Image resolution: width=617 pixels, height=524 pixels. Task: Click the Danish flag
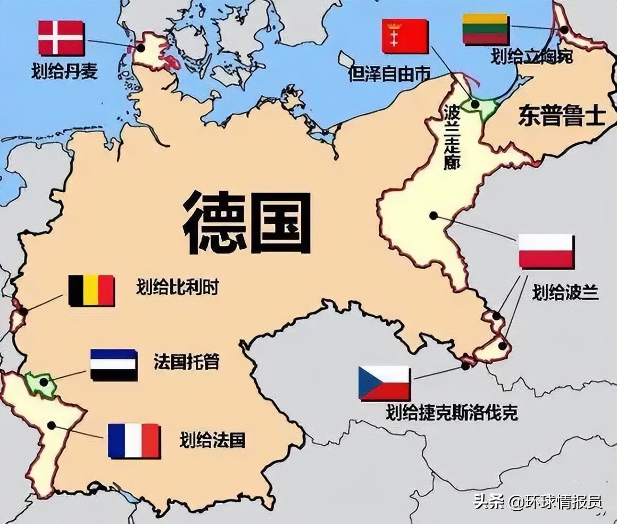pos(61,37)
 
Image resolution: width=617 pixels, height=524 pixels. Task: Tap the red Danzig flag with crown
pos(405,36)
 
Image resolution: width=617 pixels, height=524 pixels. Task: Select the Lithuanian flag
pos(485,29)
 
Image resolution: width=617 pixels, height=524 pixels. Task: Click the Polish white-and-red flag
pos(546,251)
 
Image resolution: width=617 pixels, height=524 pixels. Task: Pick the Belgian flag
pos(91,290)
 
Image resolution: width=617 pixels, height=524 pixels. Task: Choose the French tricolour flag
pos(134,441)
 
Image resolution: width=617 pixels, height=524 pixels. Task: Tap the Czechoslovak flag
pos(384,383)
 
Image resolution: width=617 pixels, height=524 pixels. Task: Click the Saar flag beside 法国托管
pos(114,365)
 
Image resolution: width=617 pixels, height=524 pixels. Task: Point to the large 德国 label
pos(247,223)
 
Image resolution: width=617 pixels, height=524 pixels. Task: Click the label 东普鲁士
pos(562,117)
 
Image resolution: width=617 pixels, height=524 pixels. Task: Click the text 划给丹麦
pos(64,71)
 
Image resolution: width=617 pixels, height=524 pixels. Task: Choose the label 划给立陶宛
pos(532,56)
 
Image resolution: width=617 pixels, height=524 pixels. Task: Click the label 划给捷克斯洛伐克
pos(452,413)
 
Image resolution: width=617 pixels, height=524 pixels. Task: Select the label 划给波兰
pos(565,292)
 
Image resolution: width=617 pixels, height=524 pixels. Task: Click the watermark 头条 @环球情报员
pos(538,502)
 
